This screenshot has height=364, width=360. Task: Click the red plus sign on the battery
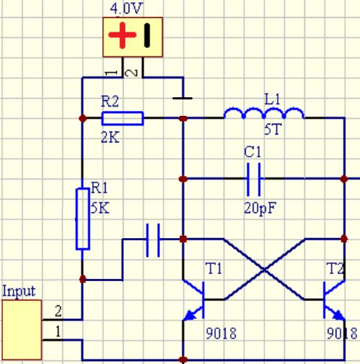122,35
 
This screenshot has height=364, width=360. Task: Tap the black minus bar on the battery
147,35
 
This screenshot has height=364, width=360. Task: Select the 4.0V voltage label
126,9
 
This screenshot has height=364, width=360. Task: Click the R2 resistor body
123,118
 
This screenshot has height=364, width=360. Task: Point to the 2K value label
110,137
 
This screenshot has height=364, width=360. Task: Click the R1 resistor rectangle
83,219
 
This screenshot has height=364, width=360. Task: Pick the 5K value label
100,208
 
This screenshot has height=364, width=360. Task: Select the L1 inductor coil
264,113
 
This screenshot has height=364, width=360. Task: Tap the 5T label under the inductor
273,129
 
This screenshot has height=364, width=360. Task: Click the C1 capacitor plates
254,179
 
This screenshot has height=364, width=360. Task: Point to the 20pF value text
260,209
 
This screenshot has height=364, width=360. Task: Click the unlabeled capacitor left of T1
153,240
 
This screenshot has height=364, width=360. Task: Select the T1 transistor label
214,268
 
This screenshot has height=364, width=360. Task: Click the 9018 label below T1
221,333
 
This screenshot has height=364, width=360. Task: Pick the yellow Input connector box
22,330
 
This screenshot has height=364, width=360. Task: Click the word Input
19,291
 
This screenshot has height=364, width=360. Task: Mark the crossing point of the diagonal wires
264,270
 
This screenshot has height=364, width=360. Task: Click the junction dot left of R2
83,118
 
